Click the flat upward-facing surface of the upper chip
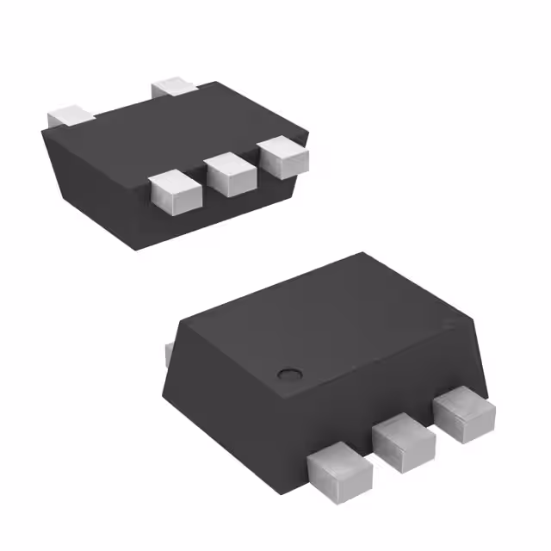coord(172,129)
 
